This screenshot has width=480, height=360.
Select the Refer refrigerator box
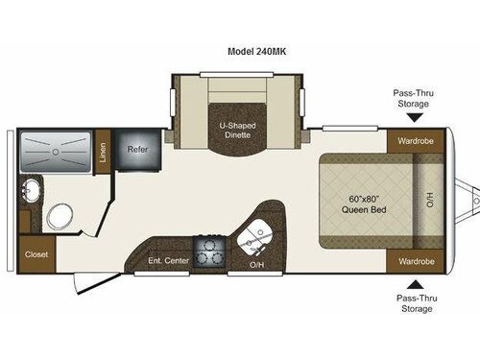coord(133,150)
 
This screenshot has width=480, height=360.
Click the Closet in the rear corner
coord(36,254)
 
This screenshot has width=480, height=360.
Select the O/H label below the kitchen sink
coord(256,264)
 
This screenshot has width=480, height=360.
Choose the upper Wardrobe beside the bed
coord(412,142)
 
